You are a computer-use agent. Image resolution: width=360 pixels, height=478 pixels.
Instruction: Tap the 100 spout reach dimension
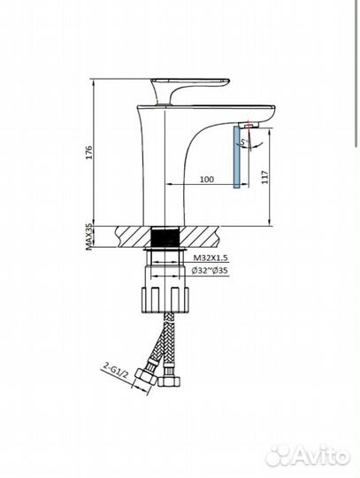pyautogui.click(x=206, y=178)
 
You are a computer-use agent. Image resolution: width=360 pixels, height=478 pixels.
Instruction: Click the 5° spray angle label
pyautogui.click(x=245, y=141)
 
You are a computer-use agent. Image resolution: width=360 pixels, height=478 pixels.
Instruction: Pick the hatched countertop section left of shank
pyautogui.click(x=130, y=236)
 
